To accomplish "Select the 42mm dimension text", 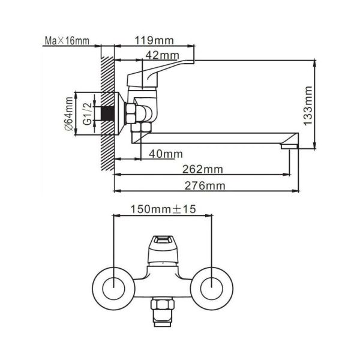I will coord(161,55).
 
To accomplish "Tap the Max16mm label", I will coord(67,41).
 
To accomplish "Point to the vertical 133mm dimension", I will coord(307,103).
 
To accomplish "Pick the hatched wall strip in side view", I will coord(107,114).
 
